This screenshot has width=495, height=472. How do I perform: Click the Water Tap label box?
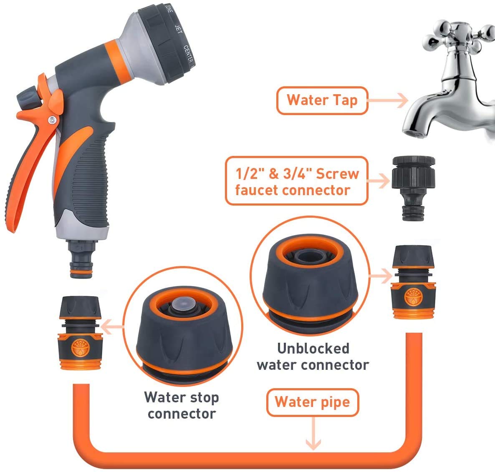pos(322,100)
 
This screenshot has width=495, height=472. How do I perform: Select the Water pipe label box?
pos(312,402)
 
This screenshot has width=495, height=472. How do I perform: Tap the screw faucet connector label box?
pos(297,181)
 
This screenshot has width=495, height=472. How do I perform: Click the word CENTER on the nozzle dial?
pos(188,53)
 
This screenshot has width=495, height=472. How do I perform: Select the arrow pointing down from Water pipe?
pos(313,436)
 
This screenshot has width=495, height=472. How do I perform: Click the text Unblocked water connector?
pos(313,357)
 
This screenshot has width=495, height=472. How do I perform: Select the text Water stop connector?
pos(182,405)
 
